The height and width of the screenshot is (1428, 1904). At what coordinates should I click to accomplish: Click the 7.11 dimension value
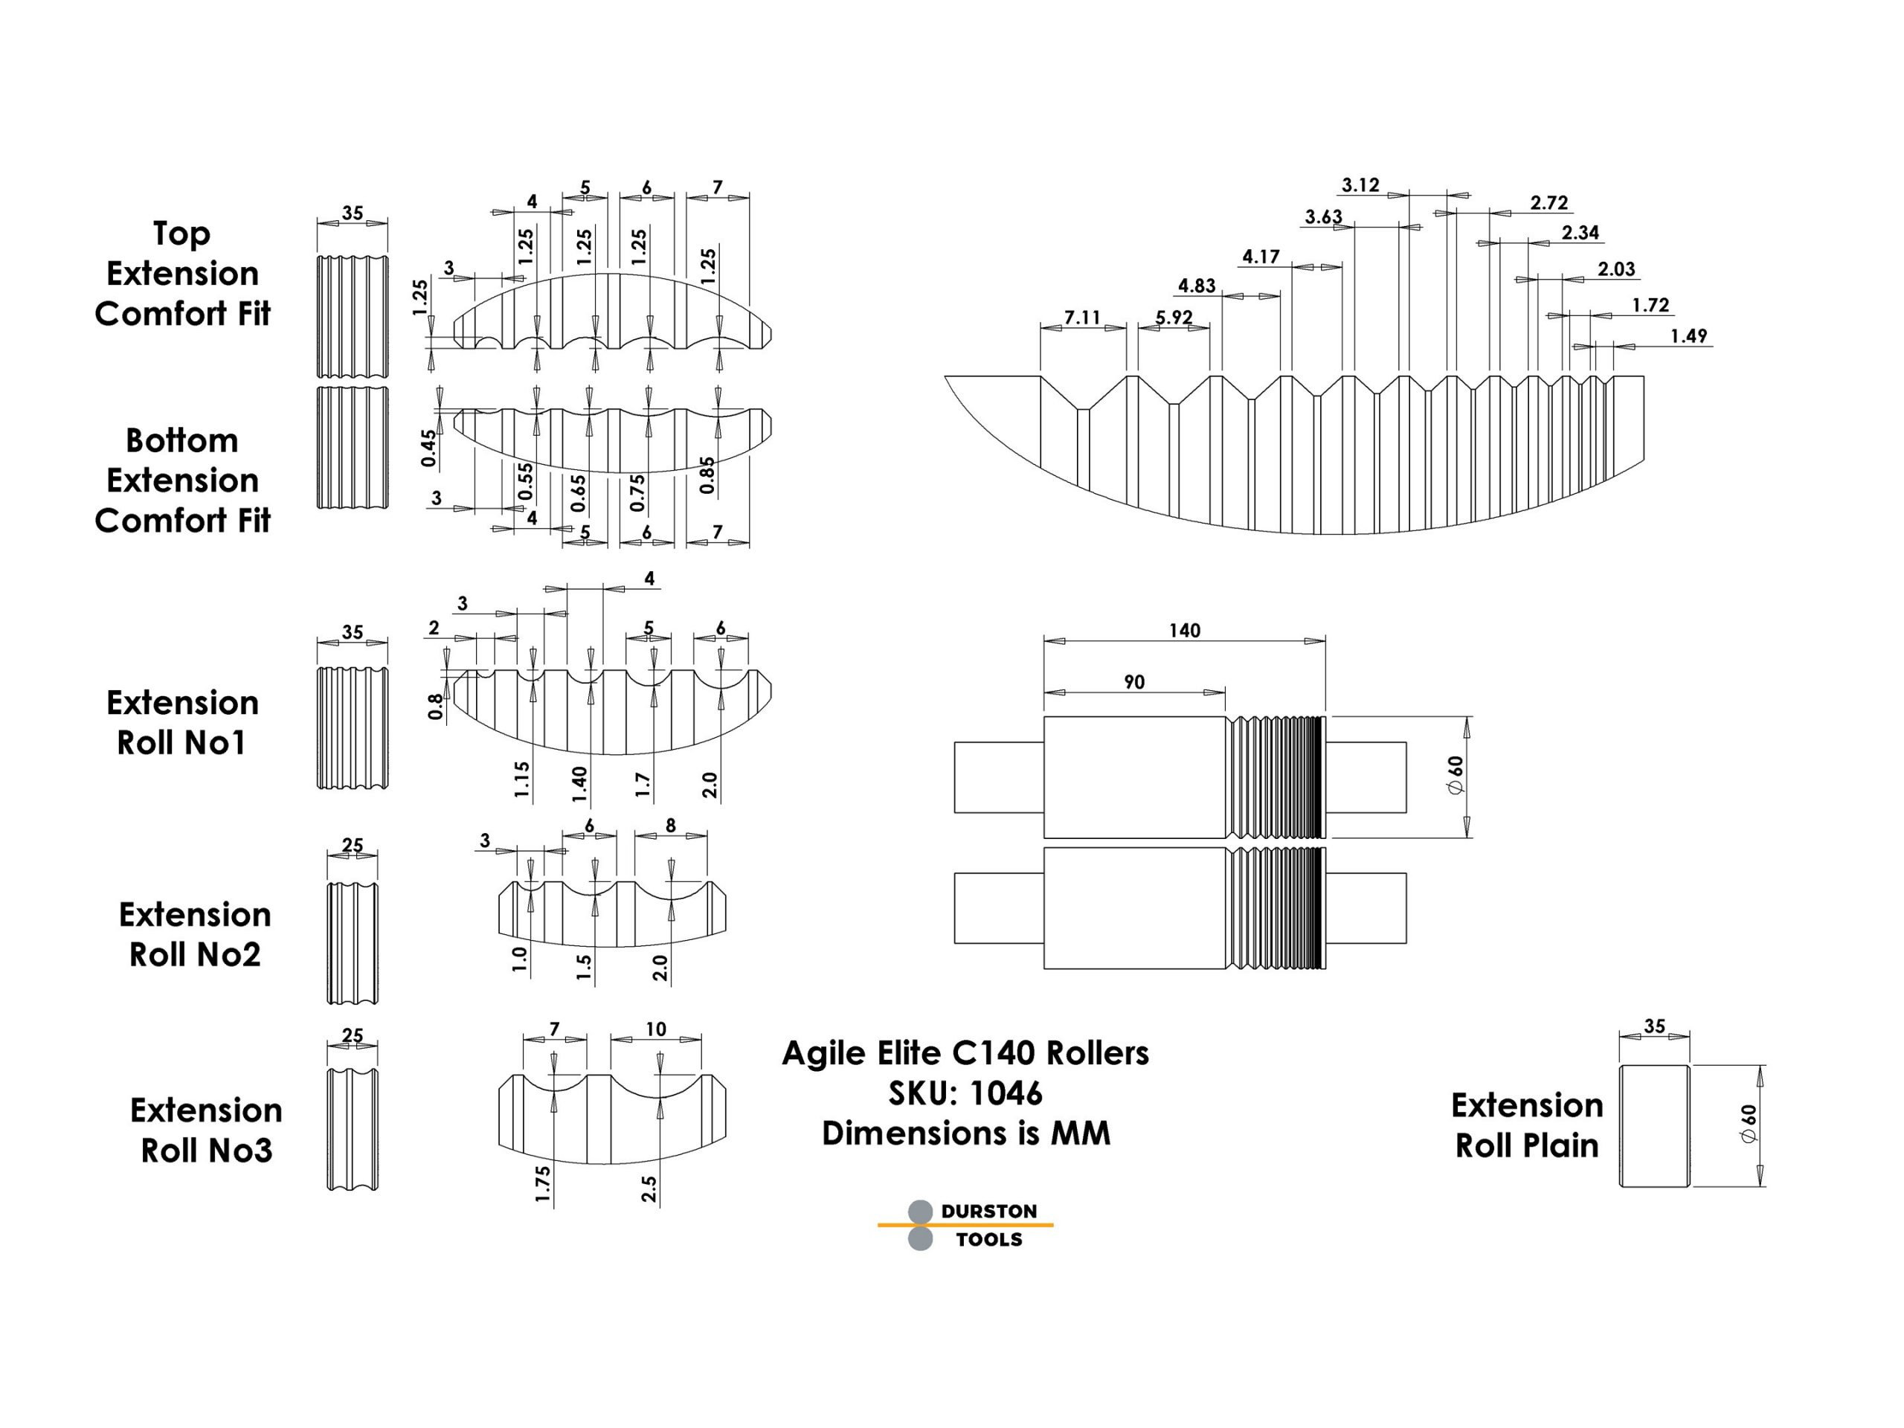click(x=1082, y=318)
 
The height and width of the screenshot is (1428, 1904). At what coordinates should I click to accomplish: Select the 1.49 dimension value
click(x=1689, y=335)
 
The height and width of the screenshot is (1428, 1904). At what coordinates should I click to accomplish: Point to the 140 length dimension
click(x=1184, y=630)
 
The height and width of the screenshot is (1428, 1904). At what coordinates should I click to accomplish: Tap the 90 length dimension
click(x=1134, y=682)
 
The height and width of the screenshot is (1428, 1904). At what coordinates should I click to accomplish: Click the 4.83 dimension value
click(x=1197, y=286)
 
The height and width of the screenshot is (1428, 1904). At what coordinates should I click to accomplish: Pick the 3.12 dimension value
click(x=1361, y=185)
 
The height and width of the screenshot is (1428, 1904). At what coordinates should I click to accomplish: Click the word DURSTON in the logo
click(x=989, y=1211)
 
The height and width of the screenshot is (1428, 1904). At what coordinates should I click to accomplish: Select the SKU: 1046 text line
click(x=965, y=1093)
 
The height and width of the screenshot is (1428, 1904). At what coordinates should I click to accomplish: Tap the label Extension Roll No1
click(x=182, y=722)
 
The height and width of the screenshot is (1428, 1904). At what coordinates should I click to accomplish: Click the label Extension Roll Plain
click(x=1527, y=1125)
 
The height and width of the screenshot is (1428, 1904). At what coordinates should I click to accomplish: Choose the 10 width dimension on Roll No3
click(x=656, y=1029)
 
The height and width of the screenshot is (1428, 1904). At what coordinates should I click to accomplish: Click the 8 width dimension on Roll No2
click(x=671, y=826)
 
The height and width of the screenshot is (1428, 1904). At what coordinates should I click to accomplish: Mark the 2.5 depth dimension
click(x=649, y=1189)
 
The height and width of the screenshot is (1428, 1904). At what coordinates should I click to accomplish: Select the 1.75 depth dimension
click(x=542, y=1184)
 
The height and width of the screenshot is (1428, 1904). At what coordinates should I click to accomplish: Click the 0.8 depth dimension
click(x=436, y=707)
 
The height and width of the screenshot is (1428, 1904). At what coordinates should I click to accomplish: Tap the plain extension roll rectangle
click(x=1654, y=1126)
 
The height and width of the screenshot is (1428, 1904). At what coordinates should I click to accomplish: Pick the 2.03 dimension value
click(x=1616, y=268)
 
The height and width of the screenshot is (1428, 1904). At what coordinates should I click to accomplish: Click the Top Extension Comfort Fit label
click(x=182, y=273)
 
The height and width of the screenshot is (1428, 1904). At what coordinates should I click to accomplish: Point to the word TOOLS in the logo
click(x=989, y=1240)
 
